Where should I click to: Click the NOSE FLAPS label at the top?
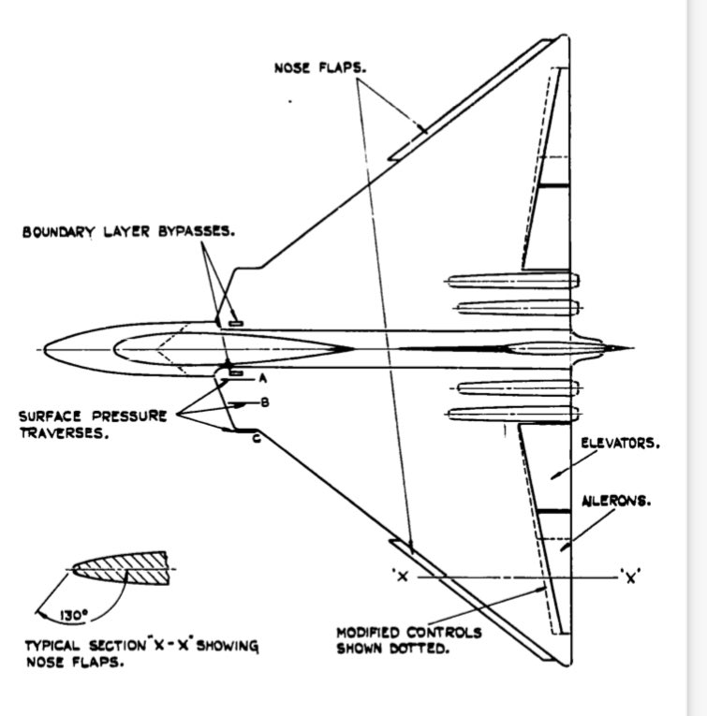coord(319,67)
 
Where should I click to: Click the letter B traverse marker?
coord(265,403)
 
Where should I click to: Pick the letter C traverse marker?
coord(256,436)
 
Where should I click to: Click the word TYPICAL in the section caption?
coord(54,647)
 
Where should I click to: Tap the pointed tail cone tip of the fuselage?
coord(620,349)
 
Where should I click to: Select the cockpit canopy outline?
coord(229,350)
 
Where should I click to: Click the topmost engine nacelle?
coord(513,281)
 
